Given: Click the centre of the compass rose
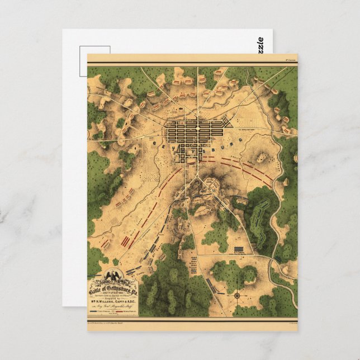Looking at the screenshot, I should [x=237, y=295].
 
